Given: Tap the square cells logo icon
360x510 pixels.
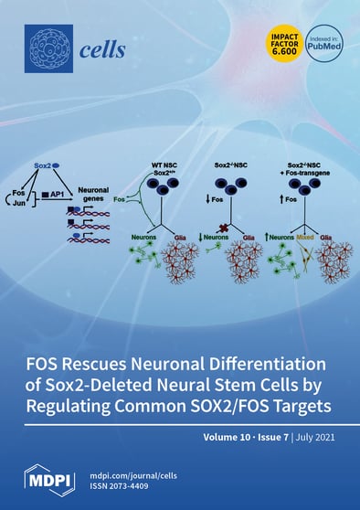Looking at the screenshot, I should [48, 48].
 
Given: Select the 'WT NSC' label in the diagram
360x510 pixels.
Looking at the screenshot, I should [168, 165].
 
